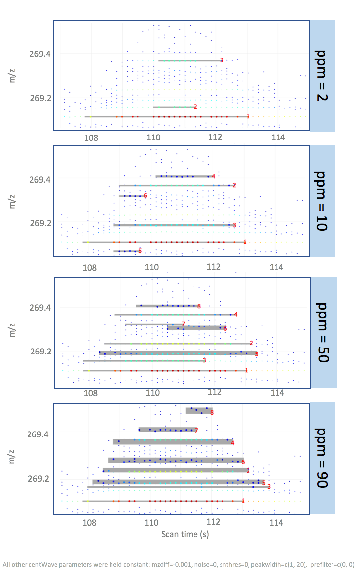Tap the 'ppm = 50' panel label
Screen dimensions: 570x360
[x=322, y=332]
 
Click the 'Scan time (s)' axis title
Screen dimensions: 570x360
[x=181, y=534]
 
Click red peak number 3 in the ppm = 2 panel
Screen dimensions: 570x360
[x=222, y=60]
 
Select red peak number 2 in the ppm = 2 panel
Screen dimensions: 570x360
[x=195, y=107]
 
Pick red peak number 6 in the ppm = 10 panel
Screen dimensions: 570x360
[x=145, y=196]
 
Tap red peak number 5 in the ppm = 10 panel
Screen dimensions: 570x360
[x=140, y=251]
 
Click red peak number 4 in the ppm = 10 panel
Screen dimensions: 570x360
[x=213, y=176]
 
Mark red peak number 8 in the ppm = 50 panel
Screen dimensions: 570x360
[x=199, y=306]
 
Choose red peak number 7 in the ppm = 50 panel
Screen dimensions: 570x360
[x=183, y=324]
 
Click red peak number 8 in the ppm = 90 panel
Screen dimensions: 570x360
[x=212, y=413]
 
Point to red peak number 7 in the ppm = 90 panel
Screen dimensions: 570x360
[x=196, y=431]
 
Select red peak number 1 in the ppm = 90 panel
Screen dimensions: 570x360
[x=243, y=501]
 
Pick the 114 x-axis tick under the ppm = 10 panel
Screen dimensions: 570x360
[x=277, y=268]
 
